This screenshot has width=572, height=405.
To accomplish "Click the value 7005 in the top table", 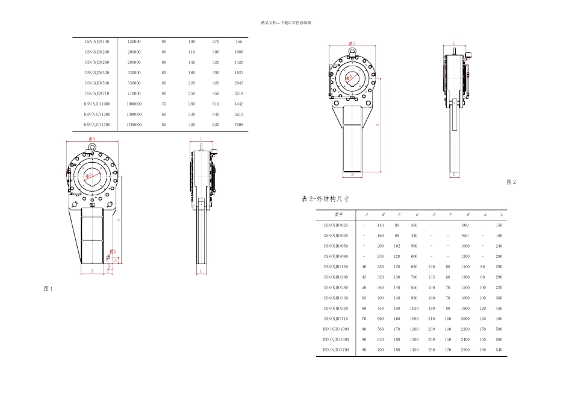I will [239, 124].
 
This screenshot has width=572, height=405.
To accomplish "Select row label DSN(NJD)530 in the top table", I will [97, 83].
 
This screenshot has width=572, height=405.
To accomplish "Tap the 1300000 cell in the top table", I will [134, 114].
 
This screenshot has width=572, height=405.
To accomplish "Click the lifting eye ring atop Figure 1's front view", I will [92, 146].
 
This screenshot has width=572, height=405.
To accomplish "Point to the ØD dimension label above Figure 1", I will [92, 139].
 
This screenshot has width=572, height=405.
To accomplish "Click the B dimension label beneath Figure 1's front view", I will [92, 271].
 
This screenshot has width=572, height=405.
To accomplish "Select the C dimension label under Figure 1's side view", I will [201, 271].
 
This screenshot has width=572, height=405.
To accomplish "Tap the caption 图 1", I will [49, 289].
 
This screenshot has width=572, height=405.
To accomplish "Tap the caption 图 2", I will [511, 182].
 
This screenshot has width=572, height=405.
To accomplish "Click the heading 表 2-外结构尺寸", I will [325, 198].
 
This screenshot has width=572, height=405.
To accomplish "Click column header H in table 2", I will [465, 214].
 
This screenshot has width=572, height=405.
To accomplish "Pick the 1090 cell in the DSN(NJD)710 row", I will [414, 318].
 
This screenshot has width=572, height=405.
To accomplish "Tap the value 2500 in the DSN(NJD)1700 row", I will [465, 350].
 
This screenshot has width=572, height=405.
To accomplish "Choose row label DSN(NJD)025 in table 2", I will [336, 225].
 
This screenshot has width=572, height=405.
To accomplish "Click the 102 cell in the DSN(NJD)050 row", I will [397, 246].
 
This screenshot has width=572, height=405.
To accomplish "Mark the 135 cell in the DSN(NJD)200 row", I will [432, 277].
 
